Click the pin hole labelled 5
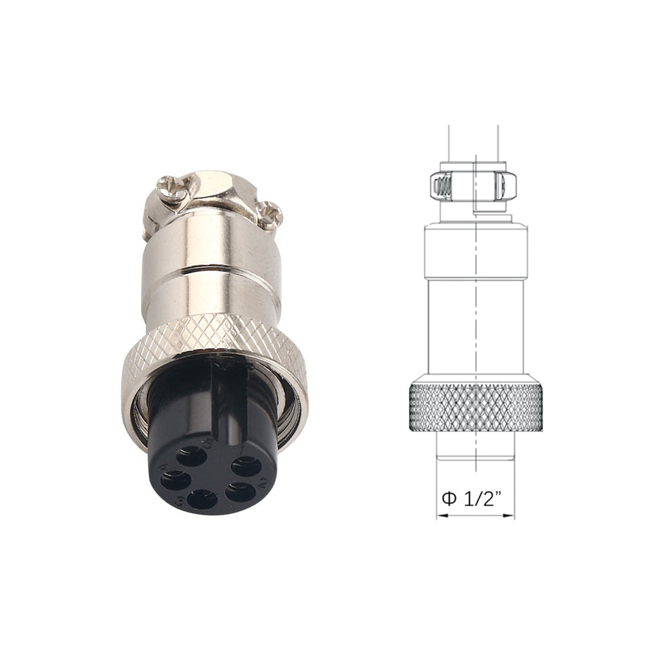click(x=192, y=457)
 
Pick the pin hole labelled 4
click(x=175, y=480)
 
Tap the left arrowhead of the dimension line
click(x=440, y=515)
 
